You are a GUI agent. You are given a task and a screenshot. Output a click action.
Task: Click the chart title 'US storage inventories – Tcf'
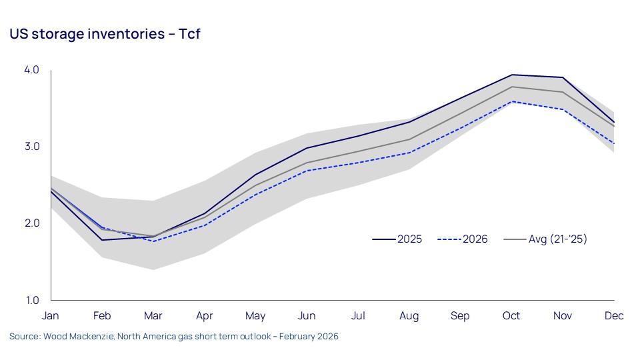105,35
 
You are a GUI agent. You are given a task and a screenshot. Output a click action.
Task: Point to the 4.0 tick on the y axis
32,70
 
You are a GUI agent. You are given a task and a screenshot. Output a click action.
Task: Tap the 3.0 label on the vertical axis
32,147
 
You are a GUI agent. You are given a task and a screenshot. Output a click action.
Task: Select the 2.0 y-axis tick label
32,223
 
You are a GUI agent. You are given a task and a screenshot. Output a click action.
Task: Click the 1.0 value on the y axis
32,300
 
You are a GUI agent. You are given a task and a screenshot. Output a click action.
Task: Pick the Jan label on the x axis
51,316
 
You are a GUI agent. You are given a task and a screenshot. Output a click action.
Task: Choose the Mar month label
153,316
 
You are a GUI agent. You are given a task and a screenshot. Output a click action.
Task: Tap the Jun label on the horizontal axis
307,316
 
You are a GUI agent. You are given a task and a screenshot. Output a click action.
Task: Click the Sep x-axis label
460,316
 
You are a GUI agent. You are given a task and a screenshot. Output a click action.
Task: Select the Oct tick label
511,316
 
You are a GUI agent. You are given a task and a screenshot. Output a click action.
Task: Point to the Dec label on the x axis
614,316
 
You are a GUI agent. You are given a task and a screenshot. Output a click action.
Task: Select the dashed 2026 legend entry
463,239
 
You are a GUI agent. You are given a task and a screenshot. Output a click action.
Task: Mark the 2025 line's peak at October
511,75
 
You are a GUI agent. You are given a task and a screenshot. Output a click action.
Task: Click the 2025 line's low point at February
102,240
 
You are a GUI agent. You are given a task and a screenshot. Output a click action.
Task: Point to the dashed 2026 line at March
153,241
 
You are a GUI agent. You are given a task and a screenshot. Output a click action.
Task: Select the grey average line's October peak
511,87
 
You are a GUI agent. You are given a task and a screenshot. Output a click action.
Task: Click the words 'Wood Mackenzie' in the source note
71,337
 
